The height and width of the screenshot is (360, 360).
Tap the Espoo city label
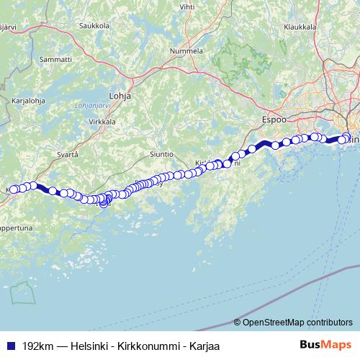(x=274, y=120)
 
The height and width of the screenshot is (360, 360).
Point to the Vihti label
(x=187, y=6)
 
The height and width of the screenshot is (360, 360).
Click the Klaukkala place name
(x=301, y=27)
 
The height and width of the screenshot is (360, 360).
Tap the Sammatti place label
(x=56, y=59)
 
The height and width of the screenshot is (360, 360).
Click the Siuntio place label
(x=161, y=154)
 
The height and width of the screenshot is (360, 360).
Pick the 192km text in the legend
(x=36, y=346)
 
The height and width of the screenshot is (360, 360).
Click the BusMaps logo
(x=325, y=346)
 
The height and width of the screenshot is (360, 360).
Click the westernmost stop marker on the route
(x=13, y=189)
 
